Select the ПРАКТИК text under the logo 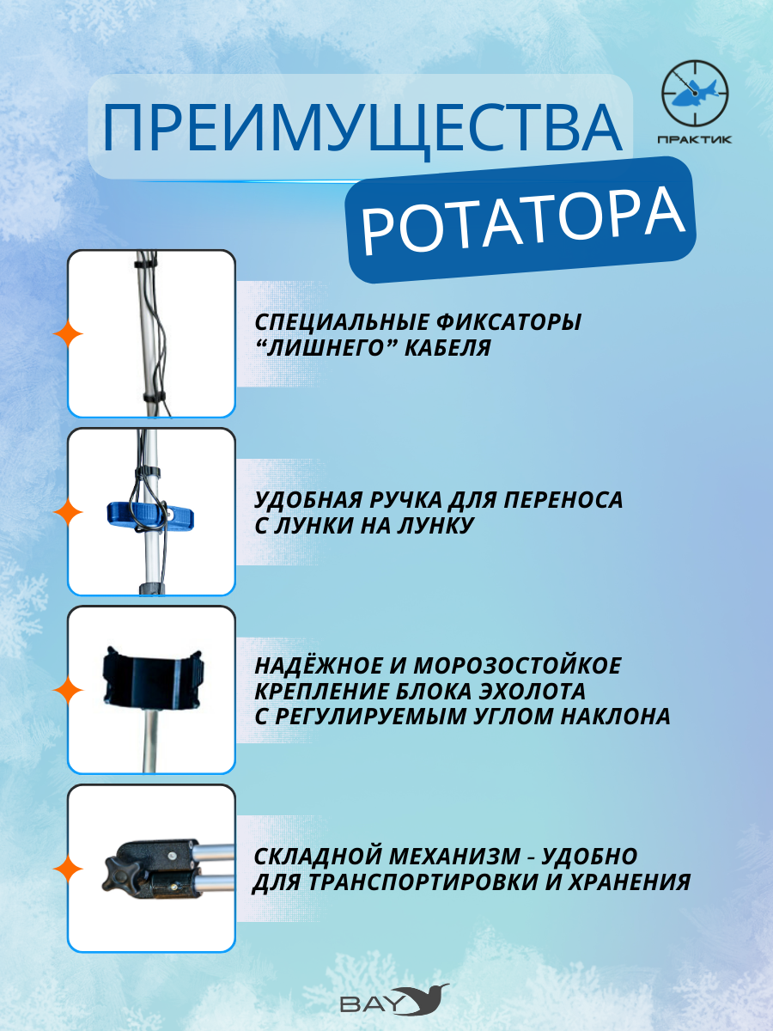point(695,139)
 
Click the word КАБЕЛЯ point(447,348)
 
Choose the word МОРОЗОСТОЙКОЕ point(517,666)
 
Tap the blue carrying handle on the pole point(150,515)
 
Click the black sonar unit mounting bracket point(153,677)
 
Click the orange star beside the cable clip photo point(68,334)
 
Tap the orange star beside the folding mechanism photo point(68,869)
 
